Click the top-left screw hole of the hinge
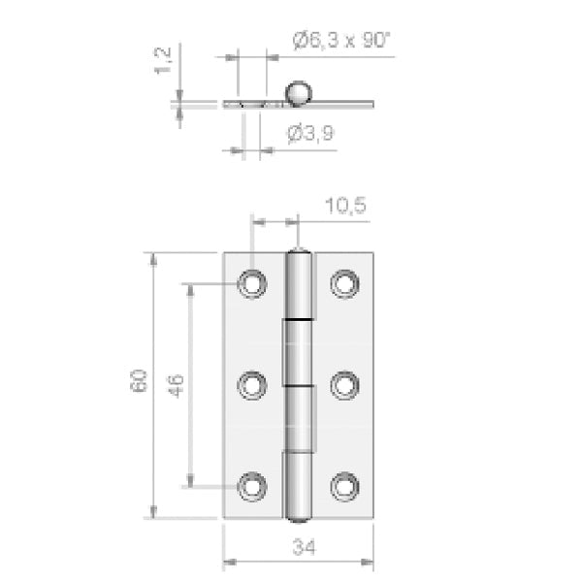(x=252, y=284)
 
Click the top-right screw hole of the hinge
(x=344, y=284)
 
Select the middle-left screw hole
(x=252, y=386)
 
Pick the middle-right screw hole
(x=344, y=386)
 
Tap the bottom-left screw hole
(x=252, y=487)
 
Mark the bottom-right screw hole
(x=344, y=487)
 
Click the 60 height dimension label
(x=139, y=380)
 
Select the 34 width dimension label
(x=305, y=547)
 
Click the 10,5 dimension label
(x=345, y=206)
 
